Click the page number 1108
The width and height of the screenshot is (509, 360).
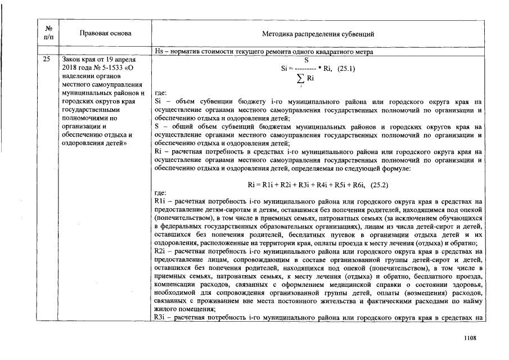coord(470,337)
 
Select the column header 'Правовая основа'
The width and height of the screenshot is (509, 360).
coord(106,33)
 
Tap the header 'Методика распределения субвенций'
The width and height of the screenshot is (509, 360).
coord(318,34)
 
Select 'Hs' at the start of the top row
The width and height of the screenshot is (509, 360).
coord(158,52)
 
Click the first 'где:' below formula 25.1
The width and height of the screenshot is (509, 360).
coord(160,93)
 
